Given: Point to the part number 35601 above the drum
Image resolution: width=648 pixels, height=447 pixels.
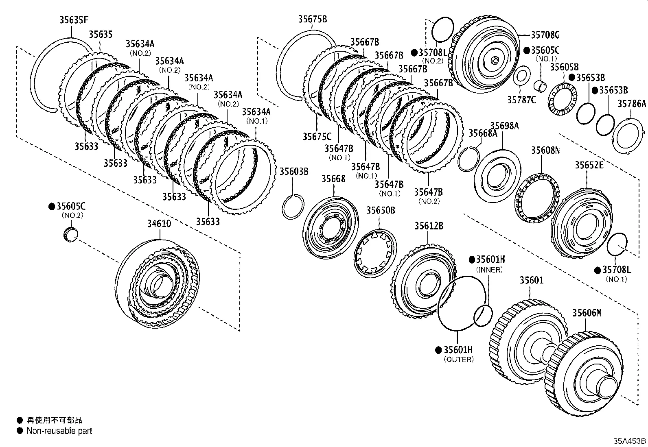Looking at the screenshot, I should [x=531, y=280].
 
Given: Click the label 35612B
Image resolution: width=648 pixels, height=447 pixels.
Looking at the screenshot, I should [x=429, y=226].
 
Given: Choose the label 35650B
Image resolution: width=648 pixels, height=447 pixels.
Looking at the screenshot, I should [x=381, y=210].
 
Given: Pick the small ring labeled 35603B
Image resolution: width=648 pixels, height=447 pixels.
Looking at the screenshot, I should [x=293, y=207].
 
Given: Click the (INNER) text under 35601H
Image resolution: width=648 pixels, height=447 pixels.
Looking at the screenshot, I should [x=489, y=270].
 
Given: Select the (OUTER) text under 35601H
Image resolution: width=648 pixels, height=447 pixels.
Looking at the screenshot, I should [x=458, y=360].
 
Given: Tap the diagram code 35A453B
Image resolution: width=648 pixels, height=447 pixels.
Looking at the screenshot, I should [x=630, y=440].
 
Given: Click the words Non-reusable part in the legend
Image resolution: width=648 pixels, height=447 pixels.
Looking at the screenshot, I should [x=59, y=431].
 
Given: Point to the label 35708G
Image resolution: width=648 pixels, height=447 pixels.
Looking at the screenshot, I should [x=545, y=35].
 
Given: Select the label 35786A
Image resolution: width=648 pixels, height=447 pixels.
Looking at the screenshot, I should [x=631, y=104].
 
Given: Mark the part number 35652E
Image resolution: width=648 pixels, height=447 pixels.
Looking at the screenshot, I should [x=589, y=165].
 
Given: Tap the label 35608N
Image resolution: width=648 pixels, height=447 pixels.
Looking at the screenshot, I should [x=545, y=150].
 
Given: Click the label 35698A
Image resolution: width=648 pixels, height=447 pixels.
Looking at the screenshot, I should [x=504, y=126].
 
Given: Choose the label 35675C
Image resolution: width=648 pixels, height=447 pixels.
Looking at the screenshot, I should [x=317, y=137].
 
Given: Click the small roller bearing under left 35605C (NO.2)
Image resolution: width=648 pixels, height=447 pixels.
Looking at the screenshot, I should [x=71, y=235].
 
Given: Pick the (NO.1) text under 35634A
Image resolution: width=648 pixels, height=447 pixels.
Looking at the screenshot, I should [x=256, y=121].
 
